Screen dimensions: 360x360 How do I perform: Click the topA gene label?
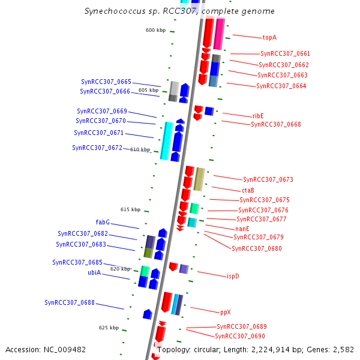point(269,37)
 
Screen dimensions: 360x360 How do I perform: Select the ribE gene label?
point(258,116)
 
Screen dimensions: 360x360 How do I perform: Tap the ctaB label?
point(248,190)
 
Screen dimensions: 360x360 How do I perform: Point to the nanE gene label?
point(242,229)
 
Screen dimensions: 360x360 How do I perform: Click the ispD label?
point(233,277)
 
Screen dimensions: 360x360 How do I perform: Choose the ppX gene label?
point(225,312)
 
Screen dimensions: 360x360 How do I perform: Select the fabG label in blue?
point(103,222)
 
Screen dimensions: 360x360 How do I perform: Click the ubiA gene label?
point(94,272)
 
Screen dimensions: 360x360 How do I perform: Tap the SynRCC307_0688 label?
point(70,302)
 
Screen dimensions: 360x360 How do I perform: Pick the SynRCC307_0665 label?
point(106,82)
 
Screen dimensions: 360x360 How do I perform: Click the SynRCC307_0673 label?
point(268,179)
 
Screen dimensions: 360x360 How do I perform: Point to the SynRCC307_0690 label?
point(240,336)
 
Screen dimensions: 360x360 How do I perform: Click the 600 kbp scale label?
point(155,30)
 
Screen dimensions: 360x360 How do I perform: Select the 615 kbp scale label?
point(130,209)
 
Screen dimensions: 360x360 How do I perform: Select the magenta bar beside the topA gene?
point(219,34)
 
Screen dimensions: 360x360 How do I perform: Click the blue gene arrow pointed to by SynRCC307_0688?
point(148,314)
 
